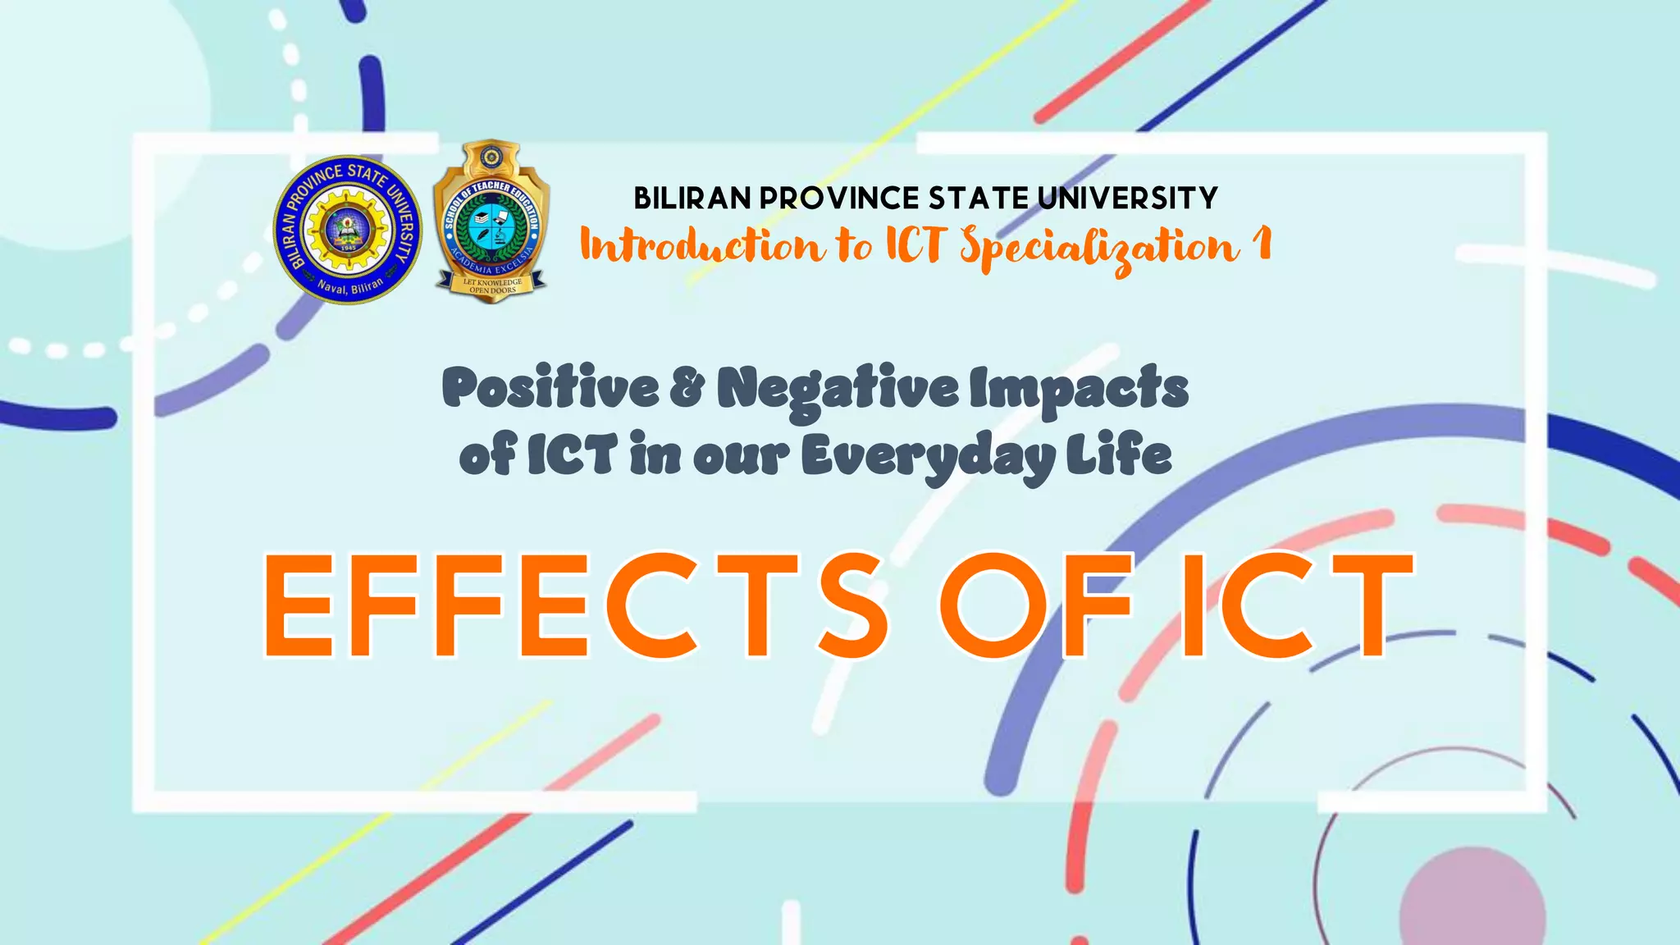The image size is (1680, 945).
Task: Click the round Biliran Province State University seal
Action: pos(347,229)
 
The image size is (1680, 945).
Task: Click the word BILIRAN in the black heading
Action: pos(692,199)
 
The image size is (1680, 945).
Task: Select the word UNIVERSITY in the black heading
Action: pos(1127,199)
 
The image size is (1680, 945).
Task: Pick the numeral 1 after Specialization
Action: pos(1263,244)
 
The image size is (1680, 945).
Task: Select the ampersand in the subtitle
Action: pos(687,387)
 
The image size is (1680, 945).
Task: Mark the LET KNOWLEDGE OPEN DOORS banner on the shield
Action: pos(492,285)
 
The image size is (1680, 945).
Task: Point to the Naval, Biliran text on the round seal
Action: pos(350,286)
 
